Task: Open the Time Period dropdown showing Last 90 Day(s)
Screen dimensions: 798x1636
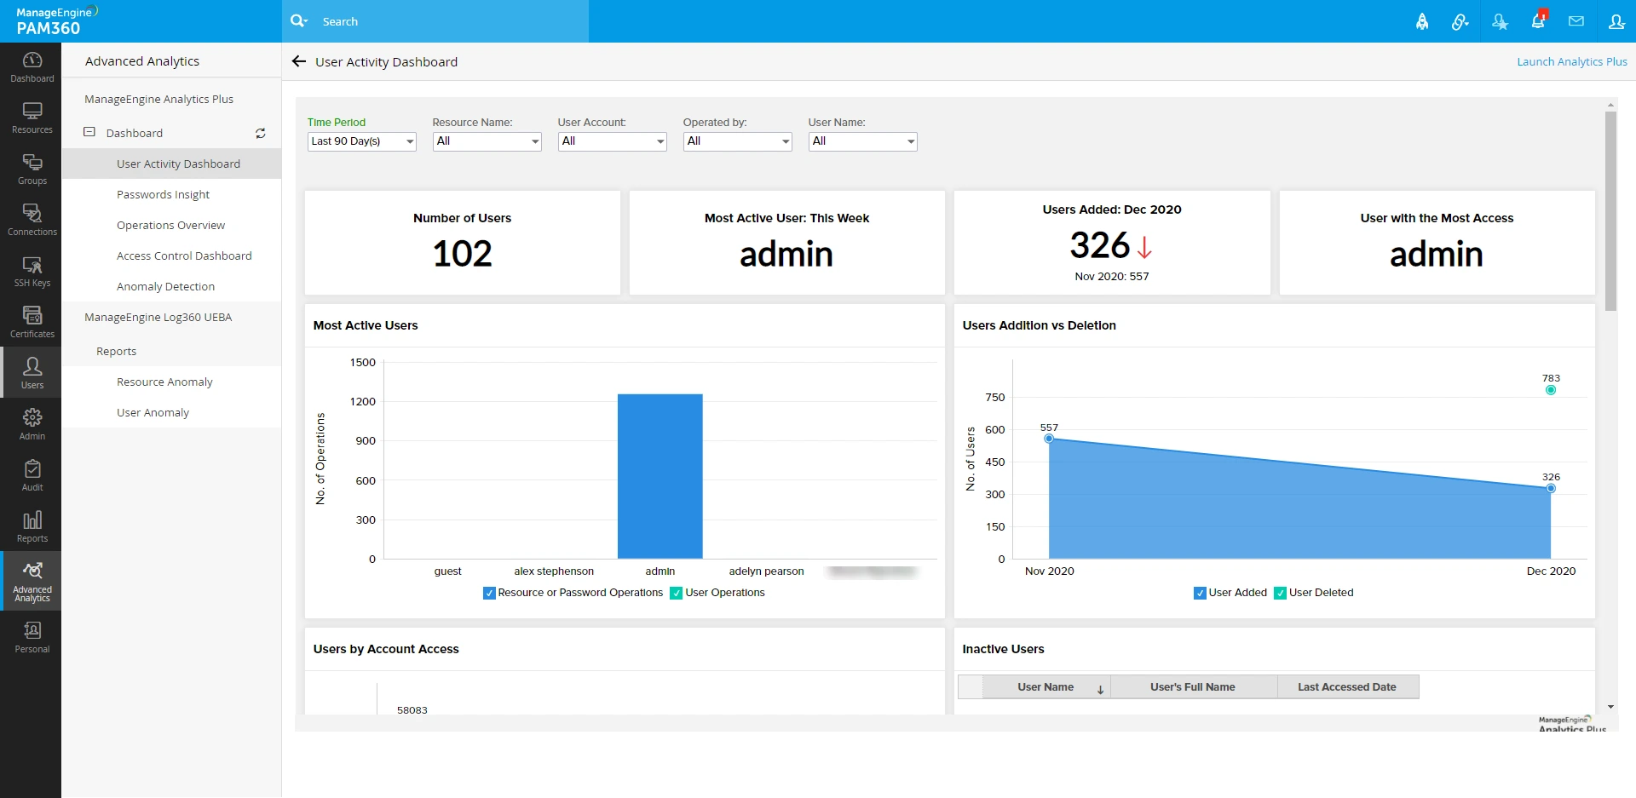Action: pos(361,141)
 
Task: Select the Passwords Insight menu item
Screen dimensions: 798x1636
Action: pos(163,194)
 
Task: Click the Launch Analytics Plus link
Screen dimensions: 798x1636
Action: pos(1571,61)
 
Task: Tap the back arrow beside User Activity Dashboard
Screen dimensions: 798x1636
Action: pos(298,61)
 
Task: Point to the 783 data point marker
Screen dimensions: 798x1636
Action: pos(1551,390)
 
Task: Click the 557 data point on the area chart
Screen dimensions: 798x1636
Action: pos(1049,439)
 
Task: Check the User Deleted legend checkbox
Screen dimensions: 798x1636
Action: pos(1280,593)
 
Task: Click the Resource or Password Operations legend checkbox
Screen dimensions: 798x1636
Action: pos(489,593)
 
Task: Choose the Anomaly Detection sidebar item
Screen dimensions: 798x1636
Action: pos(165,286)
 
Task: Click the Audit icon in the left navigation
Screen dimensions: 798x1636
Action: pos(32,475)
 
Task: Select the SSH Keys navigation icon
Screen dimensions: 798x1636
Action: pos(32,271)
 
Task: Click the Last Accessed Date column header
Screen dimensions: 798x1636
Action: pos(1346,687)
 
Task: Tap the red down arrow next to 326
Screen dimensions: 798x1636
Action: pos(1144,247)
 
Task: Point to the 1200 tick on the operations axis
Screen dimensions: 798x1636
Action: pos(363,401)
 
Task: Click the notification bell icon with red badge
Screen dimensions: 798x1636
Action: pos(1538,21)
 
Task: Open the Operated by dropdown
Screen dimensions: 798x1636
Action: pos(738,141)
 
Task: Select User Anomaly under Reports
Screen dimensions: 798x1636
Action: pos(153,412)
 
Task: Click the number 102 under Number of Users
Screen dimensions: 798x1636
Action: pos(462,254)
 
